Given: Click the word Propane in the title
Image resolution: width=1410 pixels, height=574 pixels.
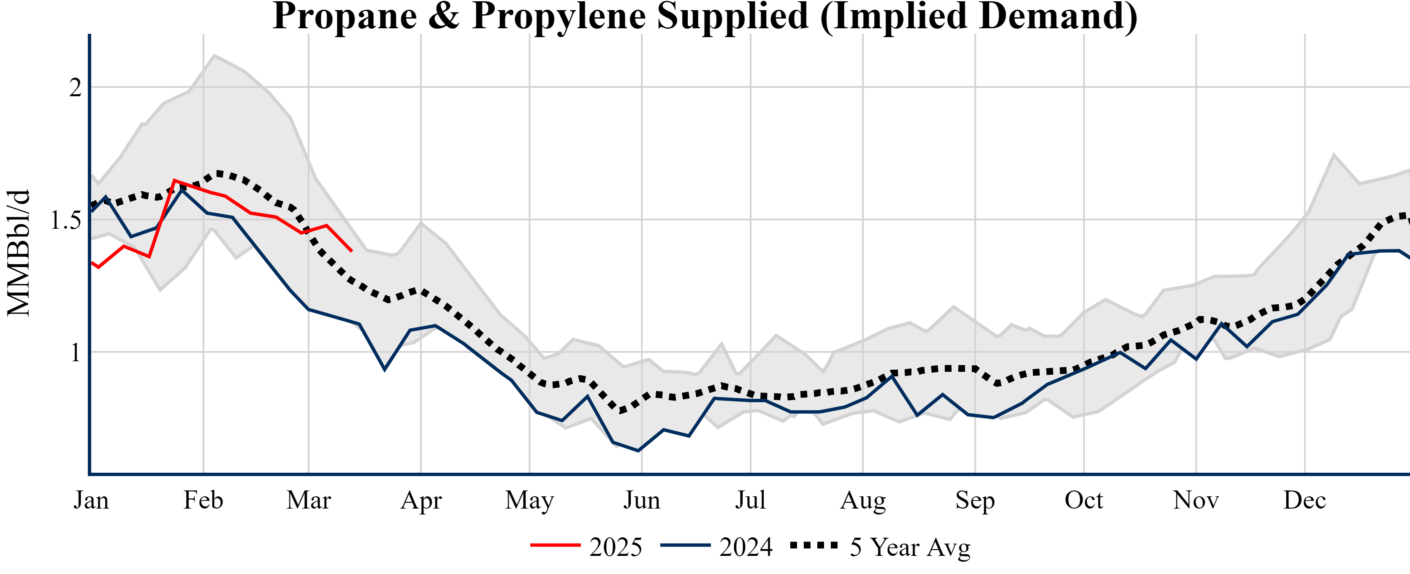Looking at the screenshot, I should (x=345, y=16).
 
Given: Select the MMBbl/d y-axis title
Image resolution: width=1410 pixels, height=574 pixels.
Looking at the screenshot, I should (x=18, y=253).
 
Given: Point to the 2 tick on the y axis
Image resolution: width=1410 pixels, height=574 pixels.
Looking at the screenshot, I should (x=76, y=87).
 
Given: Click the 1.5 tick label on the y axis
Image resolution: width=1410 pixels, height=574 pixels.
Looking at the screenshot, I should (x=66, y=220).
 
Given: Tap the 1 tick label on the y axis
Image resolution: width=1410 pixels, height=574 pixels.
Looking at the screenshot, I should (x=76, y=353).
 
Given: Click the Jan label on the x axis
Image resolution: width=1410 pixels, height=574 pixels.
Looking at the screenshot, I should (x=91, y=500).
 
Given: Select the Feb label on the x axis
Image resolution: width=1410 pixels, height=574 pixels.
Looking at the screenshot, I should (x=203, y=500).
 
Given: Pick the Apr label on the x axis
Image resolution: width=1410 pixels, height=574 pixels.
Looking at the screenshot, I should (x=420, y=500).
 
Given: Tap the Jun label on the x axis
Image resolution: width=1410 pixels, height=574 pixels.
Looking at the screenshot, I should (x=642, y=500).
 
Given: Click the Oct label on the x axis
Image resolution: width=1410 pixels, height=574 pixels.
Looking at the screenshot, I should (x=1083, y=500).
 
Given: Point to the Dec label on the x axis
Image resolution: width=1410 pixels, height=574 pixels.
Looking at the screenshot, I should (x=1304, y=500).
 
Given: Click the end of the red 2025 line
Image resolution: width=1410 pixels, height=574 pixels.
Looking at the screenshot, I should (x=351, y=251).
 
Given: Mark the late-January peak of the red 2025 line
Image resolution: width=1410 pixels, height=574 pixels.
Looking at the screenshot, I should (x=174, y=181).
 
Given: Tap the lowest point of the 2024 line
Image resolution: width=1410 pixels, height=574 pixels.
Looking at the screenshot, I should (x=638, y=451).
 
